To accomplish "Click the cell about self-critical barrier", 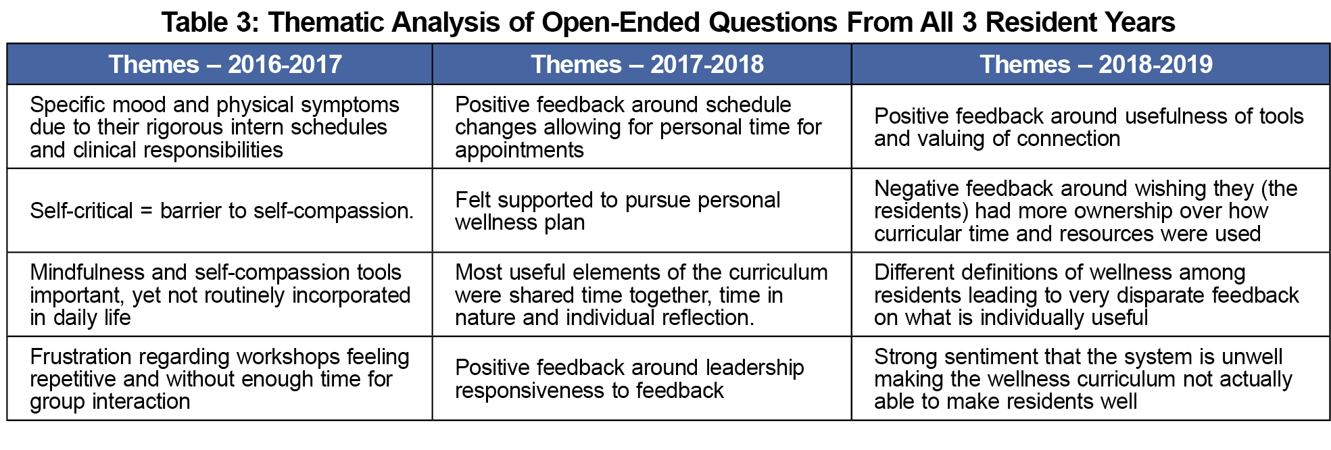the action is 220,210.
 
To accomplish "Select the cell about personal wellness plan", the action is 642,210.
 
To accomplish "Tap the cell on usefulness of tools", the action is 1090,126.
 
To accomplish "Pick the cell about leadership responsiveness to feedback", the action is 642,378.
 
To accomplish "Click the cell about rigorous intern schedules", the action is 220,126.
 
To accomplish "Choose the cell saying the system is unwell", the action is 1090,378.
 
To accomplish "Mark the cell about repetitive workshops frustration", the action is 220,378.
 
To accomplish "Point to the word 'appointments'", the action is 519,150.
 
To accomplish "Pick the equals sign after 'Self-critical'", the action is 147,211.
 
